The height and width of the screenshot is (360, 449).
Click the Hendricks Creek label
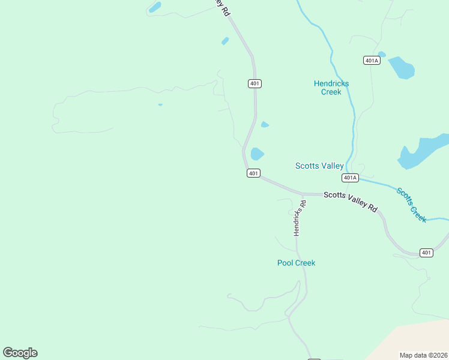tap(331, 88)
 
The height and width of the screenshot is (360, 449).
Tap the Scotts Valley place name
tap(319, 166)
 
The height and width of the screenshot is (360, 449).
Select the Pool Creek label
tap(296, 263)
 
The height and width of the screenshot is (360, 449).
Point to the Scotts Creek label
tap(412, 205)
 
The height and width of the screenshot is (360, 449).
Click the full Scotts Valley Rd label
tap(351, 202)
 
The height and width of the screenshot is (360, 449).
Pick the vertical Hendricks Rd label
tap(299, 217)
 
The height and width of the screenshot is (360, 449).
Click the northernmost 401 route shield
tap(255, 83)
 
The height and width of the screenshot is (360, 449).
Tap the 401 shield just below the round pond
tap(253, 173)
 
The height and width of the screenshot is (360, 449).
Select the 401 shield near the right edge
tap(426, 253)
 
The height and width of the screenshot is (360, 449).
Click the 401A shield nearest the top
tap(372, 61)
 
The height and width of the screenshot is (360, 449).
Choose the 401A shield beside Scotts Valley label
tap(351, 178)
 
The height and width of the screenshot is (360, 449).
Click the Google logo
tap(20, 353)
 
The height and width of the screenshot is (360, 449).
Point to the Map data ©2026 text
tap(423, 355)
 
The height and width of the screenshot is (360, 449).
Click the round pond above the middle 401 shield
tap(257, 154)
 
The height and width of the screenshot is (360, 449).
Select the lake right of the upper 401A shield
tap(402, 67)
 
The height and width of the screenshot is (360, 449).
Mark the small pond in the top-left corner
tap(155, 7)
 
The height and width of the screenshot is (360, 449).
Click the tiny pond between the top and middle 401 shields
tap(265, 125)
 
